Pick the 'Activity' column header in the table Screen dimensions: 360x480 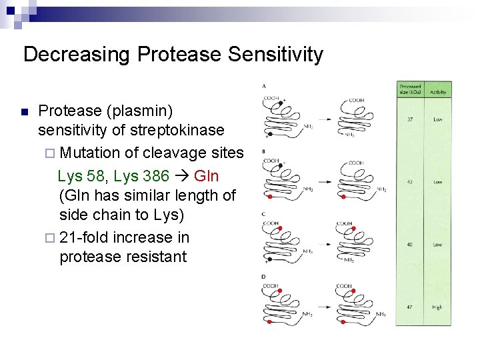[x=438, y=92]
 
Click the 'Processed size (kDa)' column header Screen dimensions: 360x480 [x=410, y=90]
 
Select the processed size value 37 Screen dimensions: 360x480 [x=409, y=120]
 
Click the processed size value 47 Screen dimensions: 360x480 [x=409, y=307]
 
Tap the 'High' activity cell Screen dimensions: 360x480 [x=437, y=307]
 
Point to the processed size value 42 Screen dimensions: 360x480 [x=409, y=182]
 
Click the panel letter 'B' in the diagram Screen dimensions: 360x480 [x=265, y=151]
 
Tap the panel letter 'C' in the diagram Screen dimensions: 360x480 [x=265, y=213]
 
